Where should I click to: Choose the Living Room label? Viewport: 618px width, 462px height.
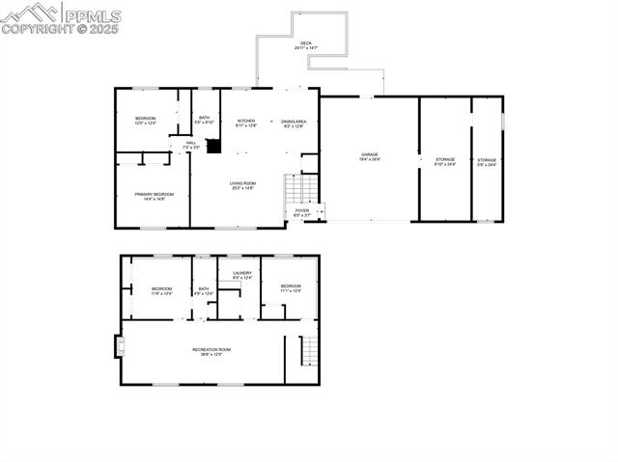242,185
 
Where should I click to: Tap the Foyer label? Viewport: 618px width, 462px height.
302,212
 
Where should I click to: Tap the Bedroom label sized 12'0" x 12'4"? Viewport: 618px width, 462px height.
145,121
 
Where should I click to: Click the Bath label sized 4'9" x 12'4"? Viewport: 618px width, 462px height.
204,290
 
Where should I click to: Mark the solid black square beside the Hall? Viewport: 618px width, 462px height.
213,146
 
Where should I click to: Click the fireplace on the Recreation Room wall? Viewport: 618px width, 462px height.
120,345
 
